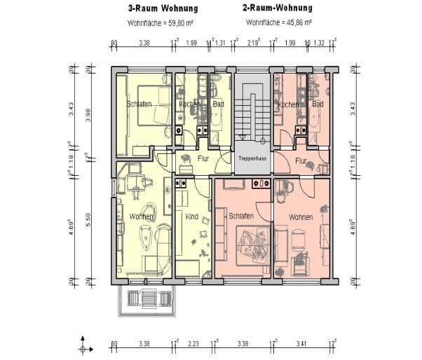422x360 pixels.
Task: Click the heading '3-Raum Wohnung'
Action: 163,9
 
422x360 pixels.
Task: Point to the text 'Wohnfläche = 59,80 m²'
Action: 161,22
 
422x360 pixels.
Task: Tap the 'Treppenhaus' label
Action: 251,159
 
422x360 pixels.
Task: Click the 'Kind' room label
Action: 192,217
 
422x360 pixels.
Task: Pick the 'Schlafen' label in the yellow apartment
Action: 139,104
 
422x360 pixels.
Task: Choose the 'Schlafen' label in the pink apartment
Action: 240,217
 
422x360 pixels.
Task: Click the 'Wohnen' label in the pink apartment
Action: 301,217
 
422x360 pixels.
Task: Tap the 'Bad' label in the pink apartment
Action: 318,104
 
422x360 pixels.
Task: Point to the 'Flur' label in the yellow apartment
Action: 203,159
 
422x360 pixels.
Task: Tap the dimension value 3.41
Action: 302,345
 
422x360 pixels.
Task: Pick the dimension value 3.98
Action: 88,115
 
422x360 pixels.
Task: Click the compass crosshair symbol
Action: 84,347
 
